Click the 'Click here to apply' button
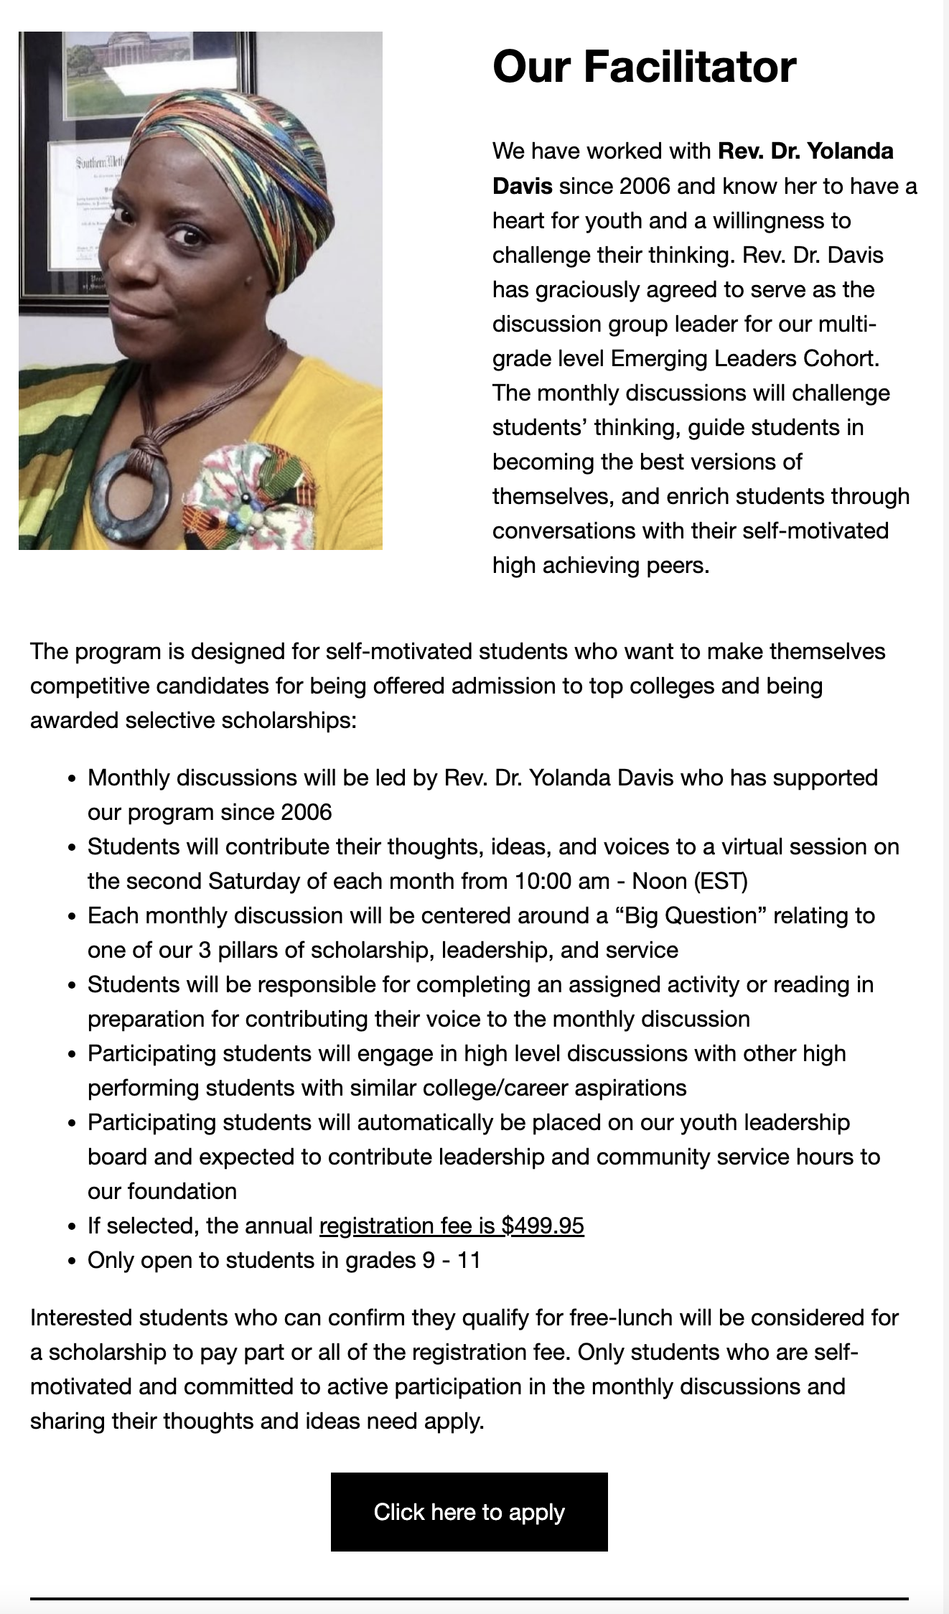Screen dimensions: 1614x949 (x=469, y=1511)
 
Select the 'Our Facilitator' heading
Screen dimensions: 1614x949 (x=644, y=66)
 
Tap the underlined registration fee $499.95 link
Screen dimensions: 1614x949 (x=452, y=1226)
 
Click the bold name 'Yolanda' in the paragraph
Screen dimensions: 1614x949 (x=850, y=151)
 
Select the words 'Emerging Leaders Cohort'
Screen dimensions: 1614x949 (x=744, y=358)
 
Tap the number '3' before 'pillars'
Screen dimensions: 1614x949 (x=205, y=950)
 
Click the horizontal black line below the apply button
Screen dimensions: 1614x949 (x=469, y=1598)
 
